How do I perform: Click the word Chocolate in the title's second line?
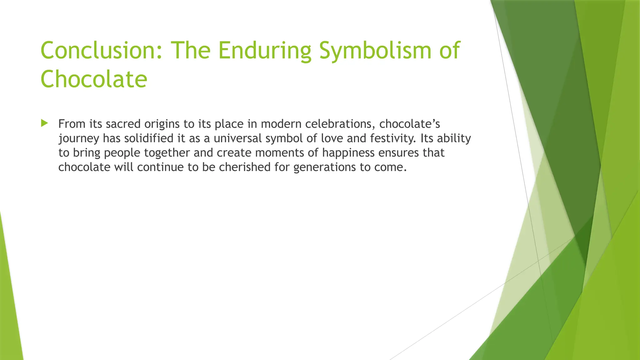94,79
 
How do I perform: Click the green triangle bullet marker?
44,123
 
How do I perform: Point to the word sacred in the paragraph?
123,124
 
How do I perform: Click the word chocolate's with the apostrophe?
409,124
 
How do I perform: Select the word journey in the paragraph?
79,138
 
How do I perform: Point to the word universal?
237,138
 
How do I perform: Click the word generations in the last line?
324,167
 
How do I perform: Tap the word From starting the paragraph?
72,124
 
